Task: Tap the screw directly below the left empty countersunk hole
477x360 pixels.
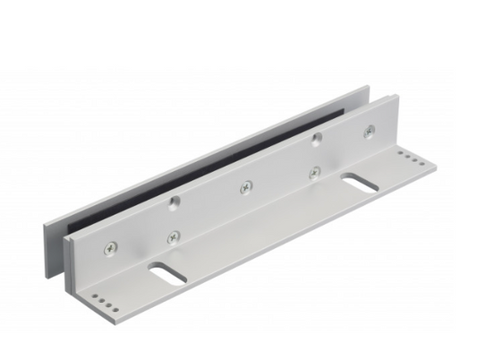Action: [x=174, y=236]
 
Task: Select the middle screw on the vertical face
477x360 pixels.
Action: [x=245, y=186]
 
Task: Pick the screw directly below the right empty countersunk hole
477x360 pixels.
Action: [x=313, y=172]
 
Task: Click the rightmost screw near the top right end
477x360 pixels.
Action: [x=367, y=133]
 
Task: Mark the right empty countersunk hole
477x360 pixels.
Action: [x=316, y=139]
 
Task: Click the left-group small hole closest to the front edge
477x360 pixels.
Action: [x=111, y=307]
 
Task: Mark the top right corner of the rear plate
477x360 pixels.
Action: [x=368, y=86]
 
